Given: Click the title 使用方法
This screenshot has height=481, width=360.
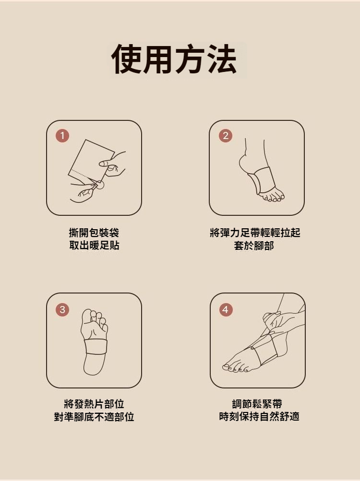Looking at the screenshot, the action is point(174,59).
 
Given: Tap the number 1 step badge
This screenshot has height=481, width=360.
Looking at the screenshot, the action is point(62,136).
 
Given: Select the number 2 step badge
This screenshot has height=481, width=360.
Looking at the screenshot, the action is point(226,136).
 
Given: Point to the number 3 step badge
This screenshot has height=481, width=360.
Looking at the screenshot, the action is point(62,309).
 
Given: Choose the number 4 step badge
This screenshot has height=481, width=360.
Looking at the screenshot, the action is point(226,309).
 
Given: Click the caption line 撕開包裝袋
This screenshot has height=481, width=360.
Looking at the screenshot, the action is point(94,233).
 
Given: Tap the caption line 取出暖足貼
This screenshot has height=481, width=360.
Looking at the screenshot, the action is point(94,246).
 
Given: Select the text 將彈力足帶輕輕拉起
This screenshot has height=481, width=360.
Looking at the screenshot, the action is point(255,233).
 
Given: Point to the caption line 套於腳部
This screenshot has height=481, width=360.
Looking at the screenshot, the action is point(254,246).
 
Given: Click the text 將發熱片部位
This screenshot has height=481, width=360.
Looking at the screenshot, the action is point(94,404).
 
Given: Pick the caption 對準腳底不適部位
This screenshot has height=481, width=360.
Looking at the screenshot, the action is point(94,417).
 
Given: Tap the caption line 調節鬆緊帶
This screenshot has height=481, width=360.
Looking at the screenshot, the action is point(257,404).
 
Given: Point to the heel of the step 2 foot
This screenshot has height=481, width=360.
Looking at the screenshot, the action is point(243,162).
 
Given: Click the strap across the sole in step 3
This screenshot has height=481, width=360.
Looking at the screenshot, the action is point(96,347).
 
